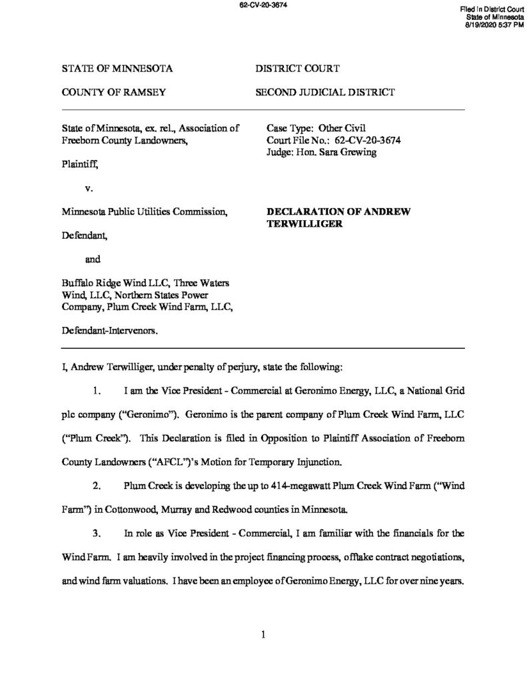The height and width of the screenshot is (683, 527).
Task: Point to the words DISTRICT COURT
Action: tap(298, 69)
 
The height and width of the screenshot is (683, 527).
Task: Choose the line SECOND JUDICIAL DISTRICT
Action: tap(325, 92)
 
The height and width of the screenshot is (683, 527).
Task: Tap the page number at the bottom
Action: tap(264, 634)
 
